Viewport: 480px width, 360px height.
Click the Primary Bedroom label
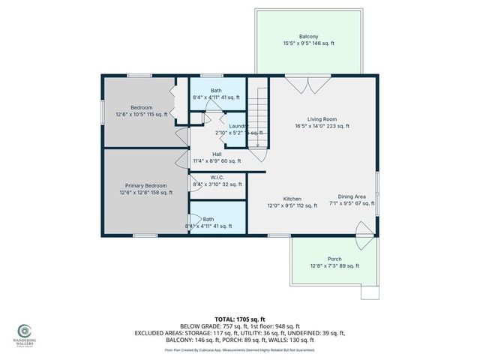145,185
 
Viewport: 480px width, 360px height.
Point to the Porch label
334,258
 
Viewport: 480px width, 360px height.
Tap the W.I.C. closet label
217,177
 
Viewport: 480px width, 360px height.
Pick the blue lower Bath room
217,221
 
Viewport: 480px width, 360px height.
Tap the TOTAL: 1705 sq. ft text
239,319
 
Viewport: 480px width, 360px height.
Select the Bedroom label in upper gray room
142,107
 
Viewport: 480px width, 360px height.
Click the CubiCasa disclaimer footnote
240,350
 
